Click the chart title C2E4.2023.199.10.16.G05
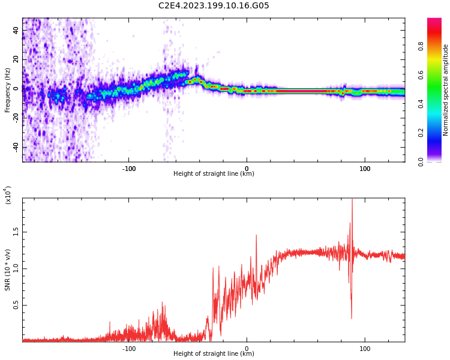pos(214,5)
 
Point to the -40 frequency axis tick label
pos(16,147)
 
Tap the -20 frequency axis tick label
pos(16,118)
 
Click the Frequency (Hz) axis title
pos(7,90)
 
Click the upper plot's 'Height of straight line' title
pos(214,174)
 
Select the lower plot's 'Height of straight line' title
pos(214,353)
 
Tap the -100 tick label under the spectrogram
pos(128,168)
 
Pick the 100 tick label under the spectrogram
pos(365,168)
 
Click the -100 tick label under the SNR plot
pos(128,348)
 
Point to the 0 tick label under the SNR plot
pos(247,348)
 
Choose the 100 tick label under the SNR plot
pos(365,348)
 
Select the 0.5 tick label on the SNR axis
pos(16,305)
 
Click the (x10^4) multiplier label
pos(8,194)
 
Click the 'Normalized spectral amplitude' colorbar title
pos(445,90)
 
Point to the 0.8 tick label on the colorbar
pos(421,46)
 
